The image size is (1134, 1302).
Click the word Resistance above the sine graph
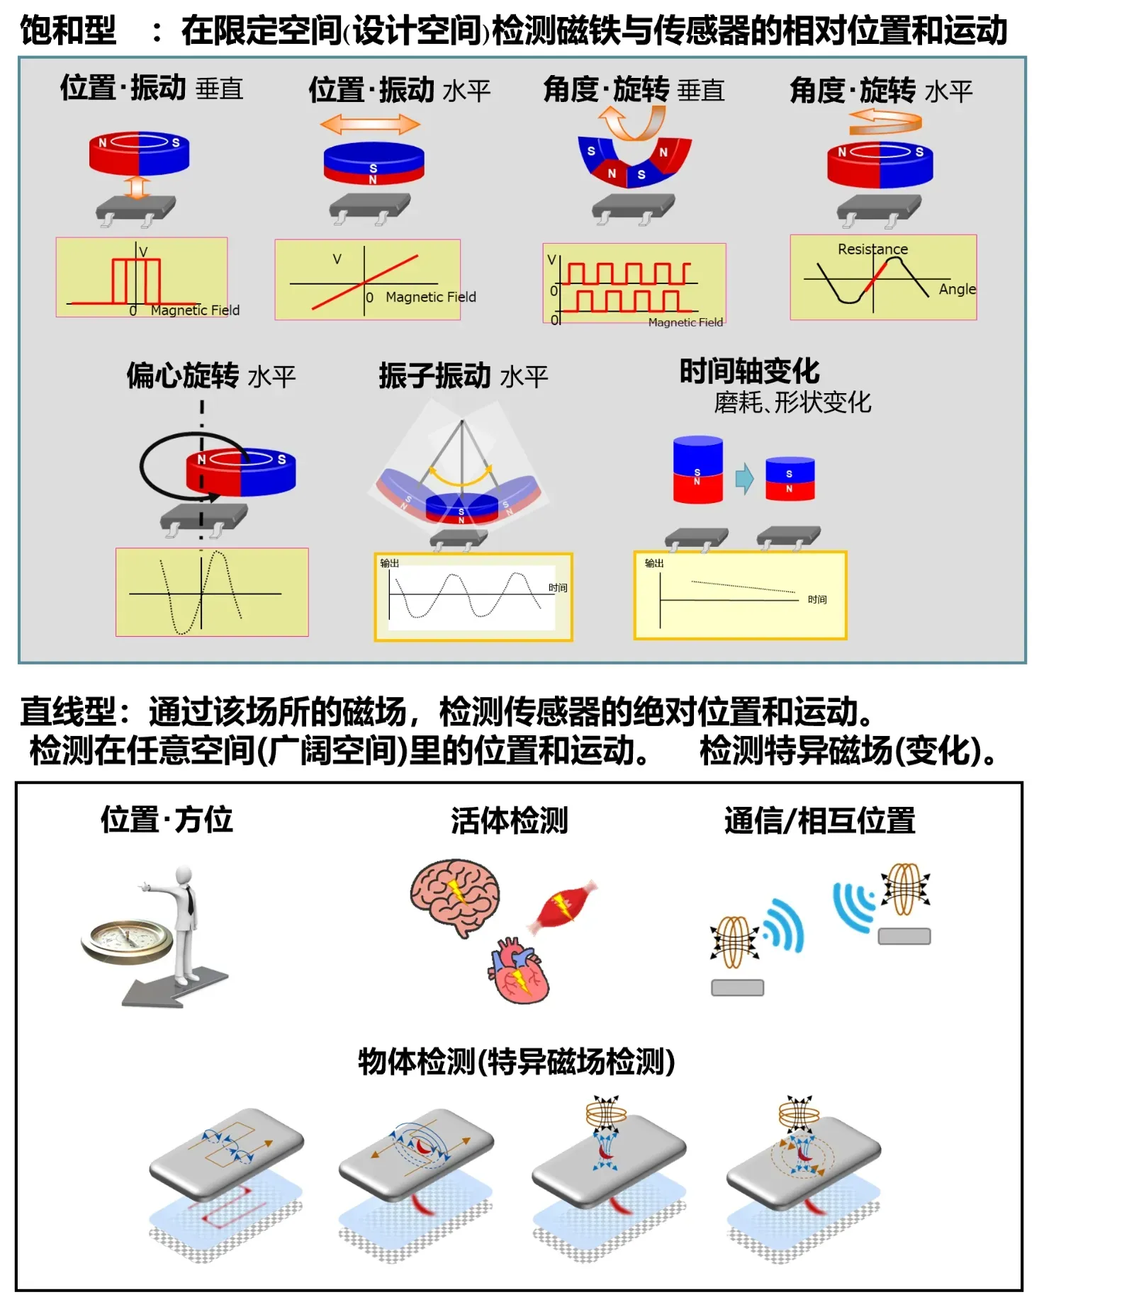pyautogui.click(x=872, y=249)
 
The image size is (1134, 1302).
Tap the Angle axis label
pyautogui.click(x=956, y=289)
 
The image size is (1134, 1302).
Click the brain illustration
pyautogui.click(x=454, y=896)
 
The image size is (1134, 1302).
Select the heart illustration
pyautogui.click(x=519, y=970)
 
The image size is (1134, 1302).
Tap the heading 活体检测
pyautogui.click(x=509, y=820)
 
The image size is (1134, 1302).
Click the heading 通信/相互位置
pyautogui.click(x=819, y=820)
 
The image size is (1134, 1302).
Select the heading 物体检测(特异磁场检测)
pyautogui.click(x=516, y=1061)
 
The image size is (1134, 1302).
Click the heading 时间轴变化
pyautogui.click(x=749, y=371)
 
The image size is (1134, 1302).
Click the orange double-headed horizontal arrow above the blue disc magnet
pyautogui.click(x=370, y=125)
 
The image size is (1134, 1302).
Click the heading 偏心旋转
pyautogui.click(x=183, y=375)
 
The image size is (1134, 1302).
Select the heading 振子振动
pyautogui.click(x=434, y=375)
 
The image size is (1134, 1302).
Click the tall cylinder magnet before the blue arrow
pyautogui.click(x=697, y=469)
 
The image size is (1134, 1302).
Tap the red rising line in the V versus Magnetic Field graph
pyautogui.click(x=365, y=281)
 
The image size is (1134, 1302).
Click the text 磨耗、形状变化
pyautogui.click(x=792, y=402)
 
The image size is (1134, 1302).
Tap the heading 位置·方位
pyautogui.click(x=167, y=820)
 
